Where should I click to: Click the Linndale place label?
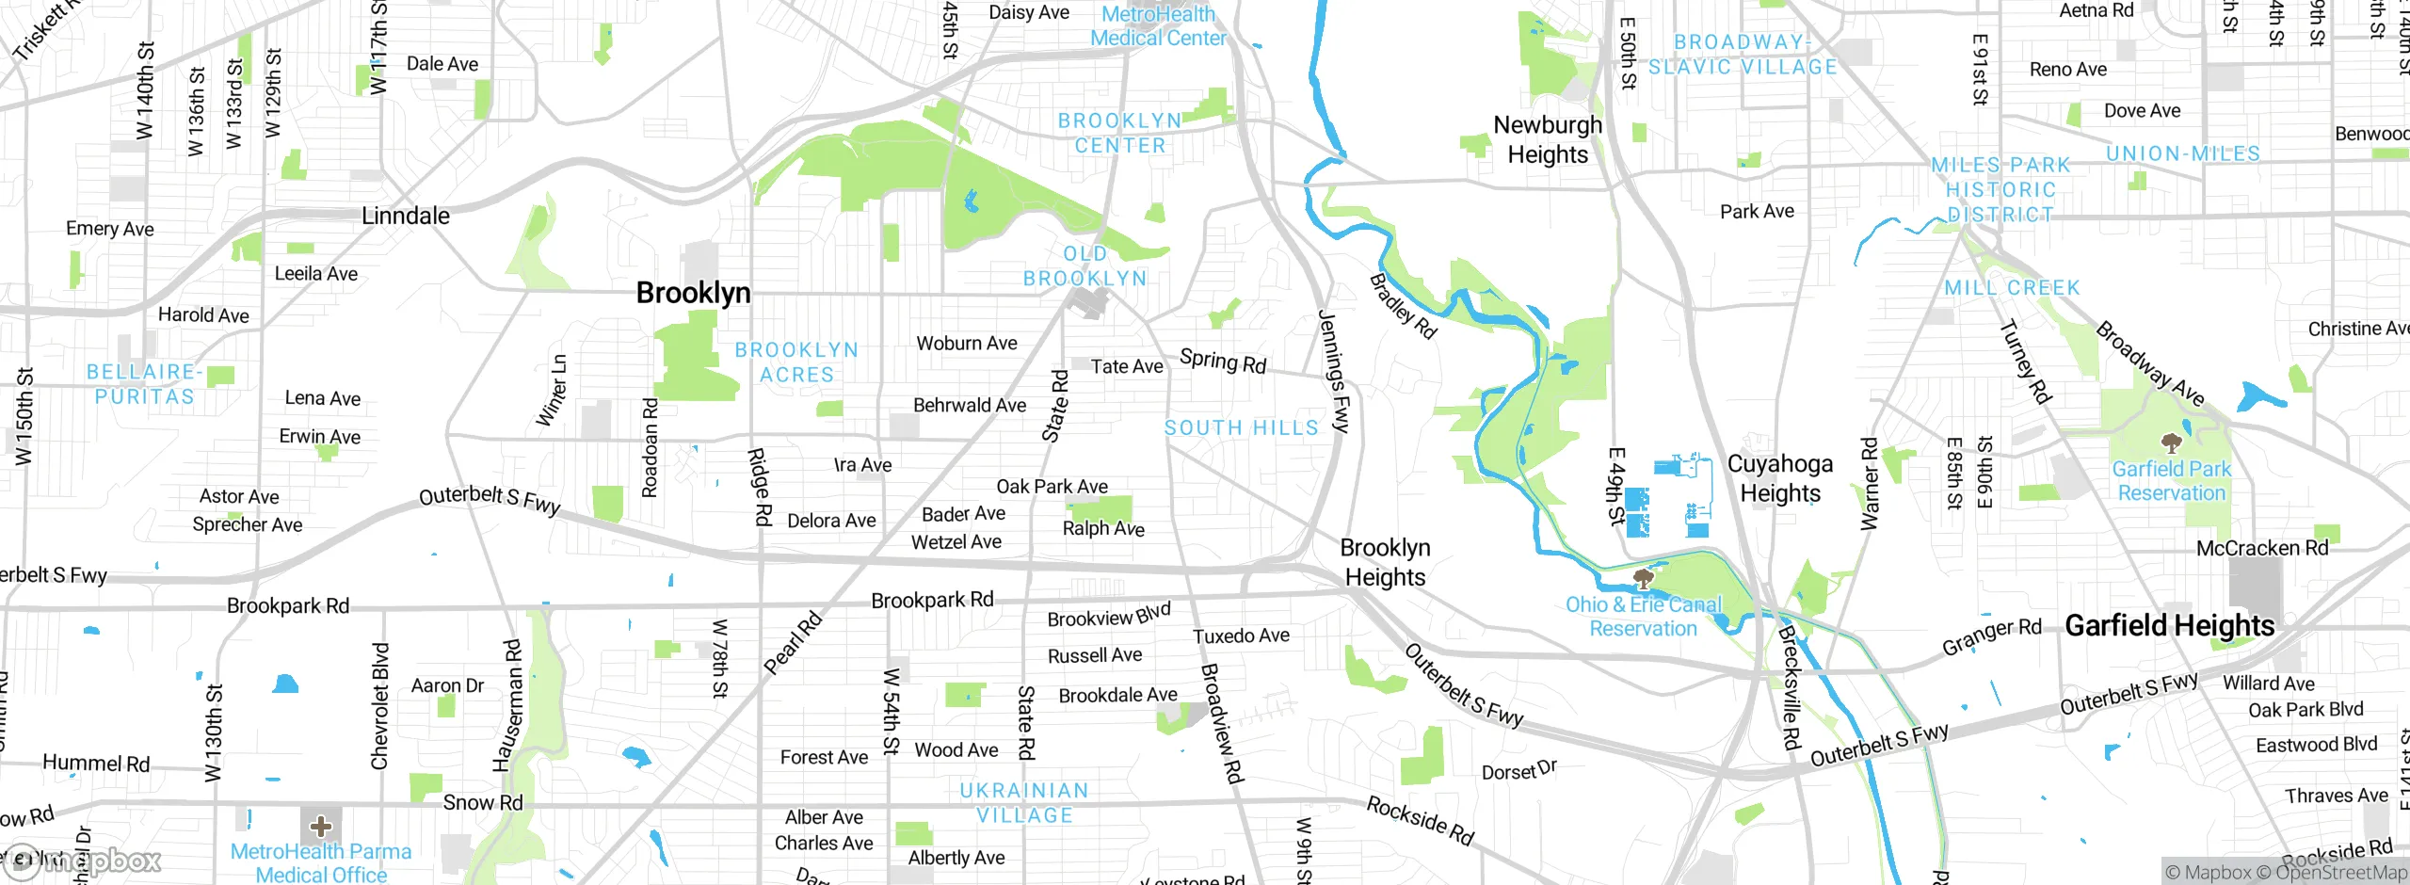click(406, 216)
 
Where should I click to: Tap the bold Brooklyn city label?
click(693, 293)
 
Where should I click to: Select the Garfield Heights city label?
click(2169, 625)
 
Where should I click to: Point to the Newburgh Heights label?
click(1548, 139)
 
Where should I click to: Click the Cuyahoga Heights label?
click(1779, 478)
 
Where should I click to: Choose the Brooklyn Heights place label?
click(1385, 562)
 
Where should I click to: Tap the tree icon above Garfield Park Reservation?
click(2172, 442)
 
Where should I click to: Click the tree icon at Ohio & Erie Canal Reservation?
click(1644, 577)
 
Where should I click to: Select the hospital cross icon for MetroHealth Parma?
click(321, 827)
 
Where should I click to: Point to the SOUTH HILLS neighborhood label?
click(1242, 428)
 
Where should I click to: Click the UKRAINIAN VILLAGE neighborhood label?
click(1024, 803)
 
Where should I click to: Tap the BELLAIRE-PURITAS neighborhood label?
click(145, 384)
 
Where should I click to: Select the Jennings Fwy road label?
click(1334, 372)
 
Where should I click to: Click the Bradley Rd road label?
click(1403, 306)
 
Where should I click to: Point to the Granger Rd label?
click(1991, 638)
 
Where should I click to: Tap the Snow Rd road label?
click(482, 803)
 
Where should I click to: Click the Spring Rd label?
click(1223, 362)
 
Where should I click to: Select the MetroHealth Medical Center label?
click(1158, 26)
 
